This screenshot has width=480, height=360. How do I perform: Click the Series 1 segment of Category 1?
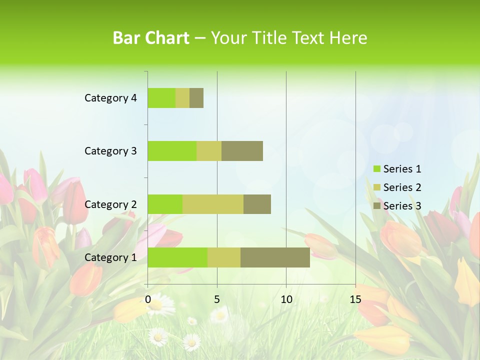click(177, 257)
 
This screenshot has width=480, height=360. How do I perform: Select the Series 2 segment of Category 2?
click(213, 204)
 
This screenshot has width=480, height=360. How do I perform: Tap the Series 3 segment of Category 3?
click(242, 151)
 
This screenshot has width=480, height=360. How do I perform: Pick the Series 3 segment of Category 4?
click(196, 98)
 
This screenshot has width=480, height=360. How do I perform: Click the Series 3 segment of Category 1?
click(275, 257)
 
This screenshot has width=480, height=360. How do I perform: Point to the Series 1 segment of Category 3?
click(172, 151)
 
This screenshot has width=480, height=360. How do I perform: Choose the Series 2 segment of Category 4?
click(182, 98)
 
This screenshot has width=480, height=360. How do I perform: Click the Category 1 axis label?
click(110, 257)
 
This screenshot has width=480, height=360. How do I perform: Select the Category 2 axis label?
click(110, 204)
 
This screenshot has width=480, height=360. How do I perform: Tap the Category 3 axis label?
click(110, 151)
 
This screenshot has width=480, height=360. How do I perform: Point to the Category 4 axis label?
click(110, 98)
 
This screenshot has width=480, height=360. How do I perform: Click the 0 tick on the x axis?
click(148, 299)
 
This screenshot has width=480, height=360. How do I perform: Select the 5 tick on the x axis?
click(217, 299)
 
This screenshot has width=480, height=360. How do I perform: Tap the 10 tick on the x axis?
click(286, 299)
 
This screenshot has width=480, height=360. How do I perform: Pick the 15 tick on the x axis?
click(355, 299)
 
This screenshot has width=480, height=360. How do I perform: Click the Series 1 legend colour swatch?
click(376, 169)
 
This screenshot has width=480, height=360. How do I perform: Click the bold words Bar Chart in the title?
click(151, 38)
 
